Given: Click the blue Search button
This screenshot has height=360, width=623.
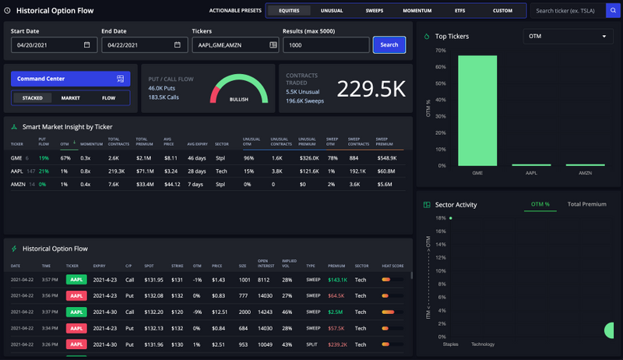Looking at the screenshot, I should (389, 44).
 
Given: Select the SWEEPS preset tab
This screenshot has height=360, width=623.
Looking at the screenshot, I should (374, 11).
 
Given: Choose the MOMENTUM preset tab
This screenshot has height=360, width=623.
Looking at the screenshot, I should (417, 11).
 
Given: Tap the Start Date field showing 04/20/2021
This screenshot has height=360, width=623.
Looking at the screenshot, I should (51, 45).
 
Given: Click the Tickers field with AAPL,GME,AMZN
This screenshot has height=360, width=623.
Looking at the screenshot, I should (234, 45).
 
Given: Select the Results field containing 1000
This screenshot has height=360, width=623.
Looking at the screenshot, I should (325, 45).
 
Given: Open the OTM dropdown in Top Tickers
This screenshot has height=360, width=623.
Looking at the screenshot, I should (568, 37).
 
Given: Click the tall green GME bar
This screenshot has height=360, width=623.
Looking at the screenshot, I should (477, 110).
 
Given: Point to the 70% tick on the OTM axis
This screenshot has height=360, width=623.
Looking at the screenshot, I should (440, 51).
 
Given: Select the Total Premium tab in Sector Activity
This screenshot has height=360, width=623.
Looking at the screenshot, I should (586, 204).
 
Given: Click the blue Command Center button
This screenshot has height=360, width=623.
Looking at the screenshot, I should (70, 79).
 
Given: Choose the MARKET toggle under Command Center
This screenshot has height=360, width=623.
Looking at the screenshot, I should (71, 98).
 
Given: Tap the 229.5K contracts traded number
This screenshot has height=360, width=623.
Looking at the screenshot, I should (371, 89).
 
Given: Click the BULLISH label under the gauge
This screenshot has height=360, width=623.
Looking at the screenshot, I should (239, 100).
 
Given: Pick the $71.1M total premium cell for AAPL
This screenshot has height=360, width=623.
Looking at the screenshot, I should (145, 171).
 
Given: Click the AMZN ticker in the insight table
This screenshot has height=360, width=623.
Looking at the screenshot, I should (16, 185).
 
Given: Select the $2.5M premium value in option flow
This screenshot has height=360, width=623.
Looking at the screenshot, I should (336, 312).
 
